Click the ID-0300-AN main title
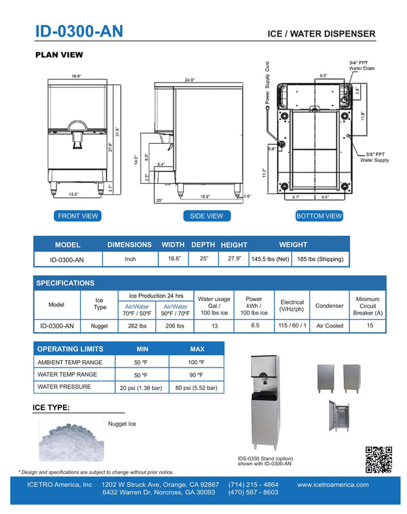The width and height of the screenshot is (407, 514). pos(79,32)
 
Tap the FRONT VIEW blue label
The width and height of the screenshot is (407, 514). pos(77,216)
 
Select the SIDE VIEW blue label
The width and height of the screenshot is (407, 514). pos(206,216)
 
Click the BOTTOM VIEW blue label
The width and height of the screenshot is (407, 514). pos(319,216)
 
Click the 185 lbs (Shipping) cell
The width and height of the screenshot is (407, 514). pos(320,259)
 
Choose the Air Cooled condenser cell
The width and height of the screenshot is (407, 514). pos(330,326)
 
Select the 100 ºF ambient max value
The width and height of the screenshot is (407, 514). pos(197,362)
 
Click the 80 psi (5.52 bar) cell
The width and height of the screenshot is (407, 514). pos(197,388)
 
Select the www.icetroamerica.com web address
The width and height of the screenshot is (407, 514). pos(332,485)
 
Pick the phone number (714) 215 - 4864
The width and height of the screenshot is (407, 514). pos(254,485)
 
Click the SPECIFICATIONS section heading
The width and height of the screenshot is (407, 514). pos(65,283)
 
